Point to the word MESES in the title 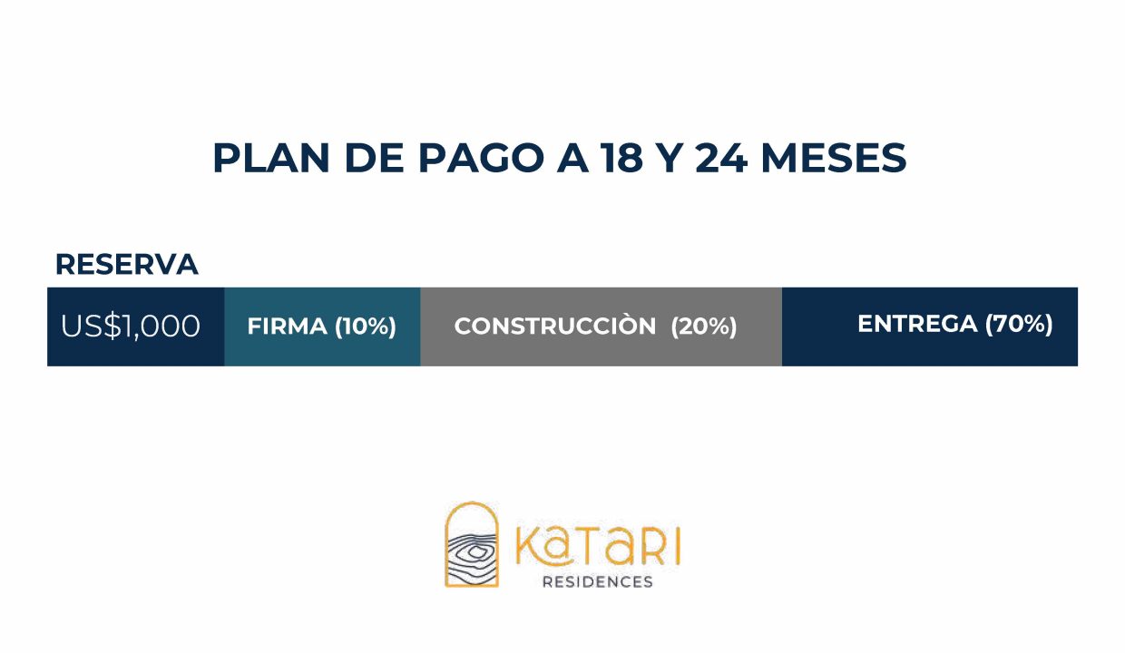834,159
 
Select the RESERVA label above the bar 126,264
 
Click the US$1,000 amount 131,326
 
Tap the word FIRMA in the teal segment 287,326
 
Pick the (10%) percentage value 366,326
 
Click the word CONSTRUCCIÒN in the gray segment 555,326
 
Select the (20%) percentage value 704,326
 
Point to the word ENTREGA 917,324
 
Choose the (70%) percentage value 1018,324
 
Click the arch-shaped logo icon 472,544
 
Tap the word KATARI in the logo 597,546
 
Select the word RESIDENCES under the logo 597,581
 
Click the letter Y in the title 669,159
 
